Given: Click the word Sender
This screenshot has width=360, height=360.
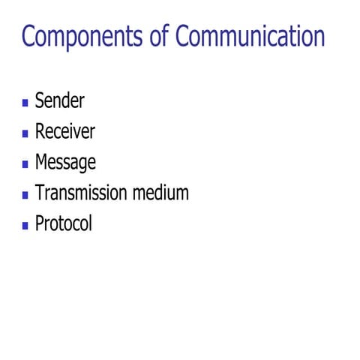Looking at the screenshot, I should (60, 100).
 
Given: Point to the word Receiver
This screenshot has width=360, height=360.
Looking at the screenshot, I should (65, 131).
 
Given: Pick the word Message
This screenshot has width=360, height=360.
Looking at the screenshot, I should (65, 162).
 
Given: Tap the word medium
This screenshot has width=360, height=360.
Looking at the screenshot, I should (160, 193).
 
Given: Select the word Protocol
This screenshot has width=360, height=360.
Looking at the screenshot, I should (64, 223).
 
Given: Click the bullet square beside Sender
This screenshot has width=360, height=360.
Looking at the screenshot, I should (25, 102).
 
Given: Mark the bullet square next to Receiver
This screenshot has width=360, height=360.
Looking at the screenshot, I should (25, 133).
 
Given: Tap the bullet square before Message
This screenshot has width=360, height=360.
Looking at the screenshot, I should (25, 163).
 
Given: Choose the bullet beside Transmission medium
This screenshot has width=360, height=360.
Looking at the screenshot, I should (25, 194).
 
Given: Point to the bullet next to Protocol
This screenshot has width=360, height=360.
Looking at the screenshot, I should (25, 225).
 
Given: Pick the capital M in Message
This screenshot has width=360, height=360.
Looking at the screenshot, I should (42, 162).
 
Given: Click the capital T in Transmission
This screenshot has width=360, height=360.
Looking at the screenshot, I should (40, 193).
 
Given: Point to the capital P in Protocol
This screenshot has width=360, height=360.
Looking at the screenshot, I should (40, 223).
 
